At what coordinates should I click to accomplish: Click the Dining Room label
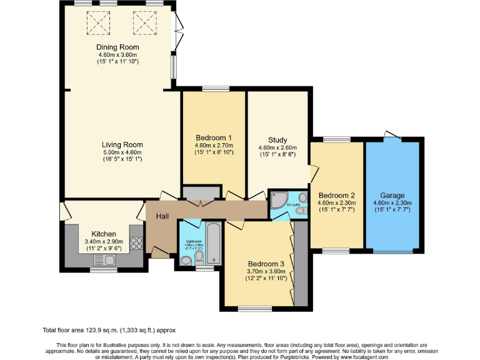click(117, 47)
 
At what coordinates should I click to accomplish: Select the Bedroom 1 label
click(214, 138)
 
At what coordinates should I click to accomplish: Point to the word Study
click(277, 140)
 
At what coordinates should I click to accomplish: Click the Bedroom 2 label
click(336, 195)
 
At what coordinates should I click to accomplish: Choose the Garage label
click(392, 195)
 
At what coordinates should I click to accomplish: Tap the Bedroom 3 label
click(266, 263)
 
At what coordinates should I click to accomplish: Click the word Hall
click(162, 216)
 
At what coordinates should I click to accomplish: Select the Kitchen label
click(104, 233)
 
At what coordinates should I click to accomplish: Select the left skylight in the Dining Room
click(97, 23)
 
